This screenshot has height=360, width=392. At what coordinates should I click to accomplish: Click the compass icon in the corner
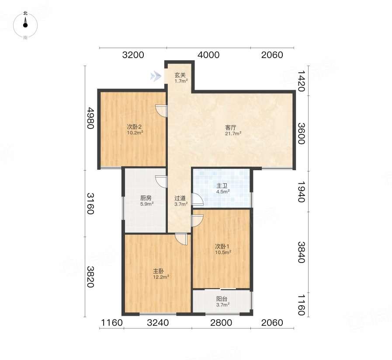(x=25, y=25)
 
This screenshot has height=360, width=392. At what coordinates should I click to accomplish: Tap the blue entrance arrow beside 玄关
(x=156, y=76)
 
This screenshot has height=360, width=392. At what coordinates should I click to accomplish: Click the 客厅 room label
(x=230, y=128)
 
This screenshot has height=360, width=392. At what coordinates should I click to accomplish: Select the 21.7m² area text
(x=233, y=133)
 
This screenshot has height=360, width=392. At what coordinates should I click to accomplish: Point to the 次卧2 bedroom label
(x=135, y=127)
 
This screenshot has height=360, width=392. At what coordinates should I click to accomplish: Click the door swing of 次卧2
(x=161, y=111)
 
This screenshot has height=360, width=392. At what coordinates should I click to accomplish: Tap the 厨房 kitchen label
(x=146, y=198)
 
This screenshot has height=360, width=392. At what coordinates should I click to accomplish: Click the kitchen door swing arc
(x=161, y=182)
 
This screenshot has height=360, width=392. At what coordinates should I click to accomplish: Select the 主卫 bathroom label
(x=222, y=186)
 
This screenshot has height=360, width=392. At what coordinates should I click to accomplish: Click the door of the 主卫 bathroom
(x=197, y=199)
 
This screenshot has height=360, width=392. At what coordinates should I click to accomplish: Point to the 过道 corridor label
(x=180, y=199)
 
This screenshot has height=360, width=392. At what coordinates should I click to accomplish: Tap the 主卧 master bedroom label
(x=159, y=271)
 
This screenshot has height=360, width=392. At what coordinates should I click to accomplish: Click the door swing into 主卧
(x=181, y=239)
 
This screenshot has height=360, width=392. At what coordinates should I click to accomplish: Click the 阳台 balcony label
(x=222, y=299)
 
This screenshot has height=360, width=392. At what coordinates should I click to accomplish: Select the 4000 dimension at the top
(x=208, y=55)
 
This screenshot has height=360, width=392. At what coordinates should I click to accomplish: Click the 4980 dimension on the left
(x=90, y=118)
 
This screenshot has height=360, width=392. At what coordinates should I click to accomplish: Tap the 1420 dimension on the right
(x=301, y=81)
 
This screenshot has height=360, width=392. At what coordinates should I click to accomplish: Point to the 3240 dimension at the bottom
(x=158, y=323)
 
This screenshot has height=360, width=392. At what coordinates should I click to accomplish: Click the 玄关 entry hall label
(x=180, y=75)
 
